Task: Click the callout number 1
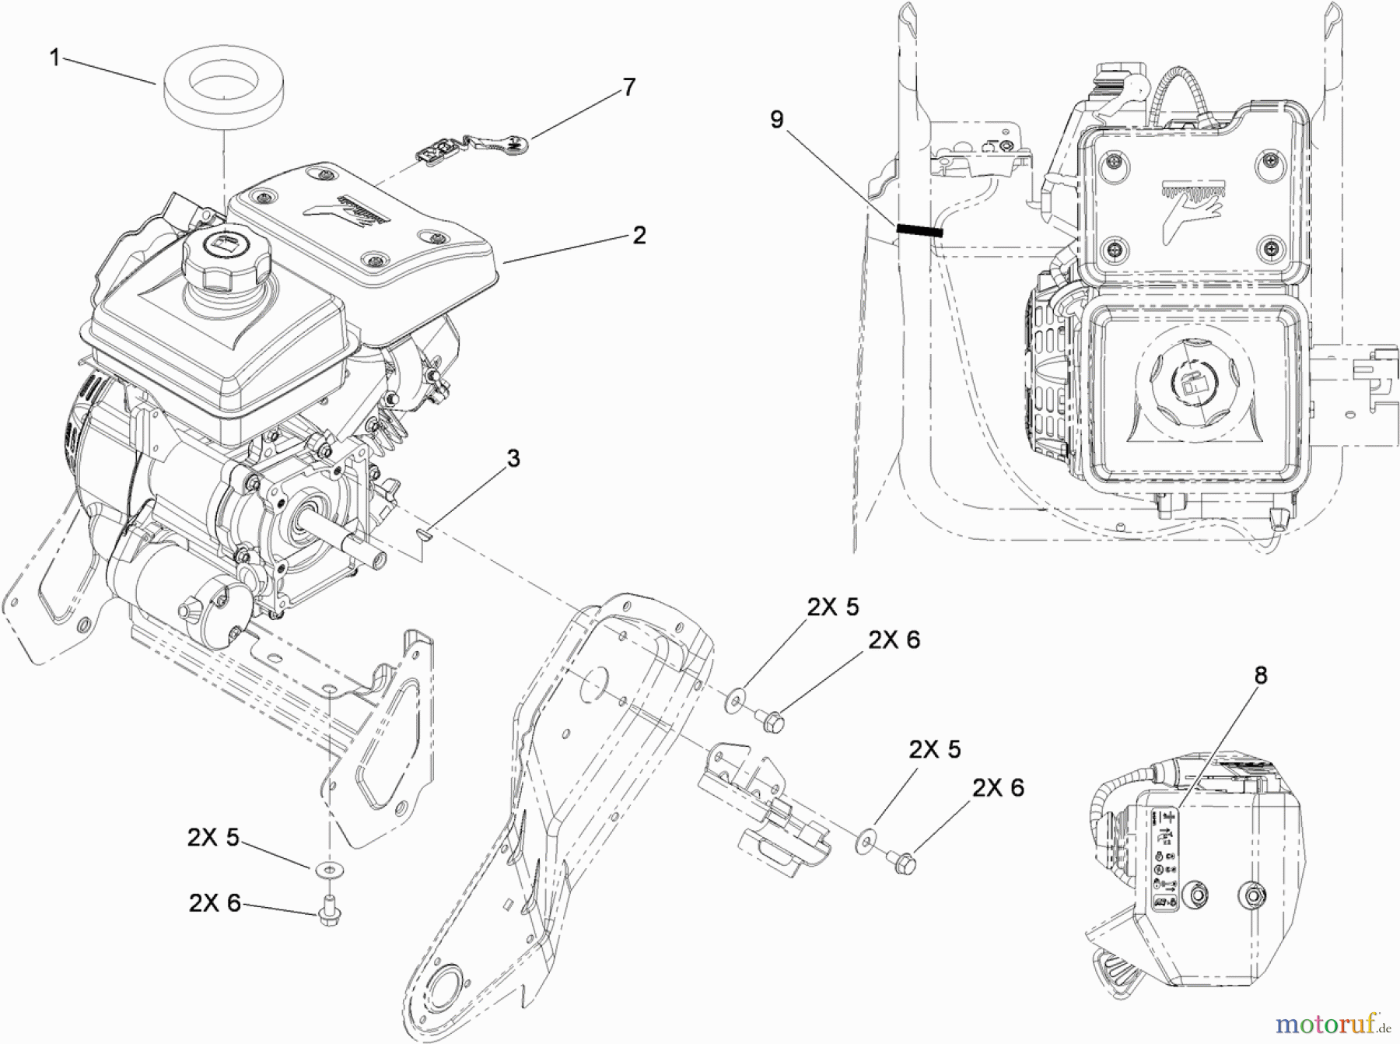[x=54, y=58]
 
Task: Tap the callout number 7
[x=628, y=87]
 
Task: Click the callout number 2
[x=639, y=235]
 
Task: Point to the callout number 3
[x=513, y=459]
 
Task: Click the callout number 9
[x=776, y=120]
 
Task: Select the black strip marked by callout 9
[x=919, y=230]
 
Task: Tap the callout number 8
[x=1261, y=676]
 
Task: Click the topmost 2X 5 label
[x=832, y=607]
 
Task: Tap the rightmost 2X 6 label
[x=998, y=788]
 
